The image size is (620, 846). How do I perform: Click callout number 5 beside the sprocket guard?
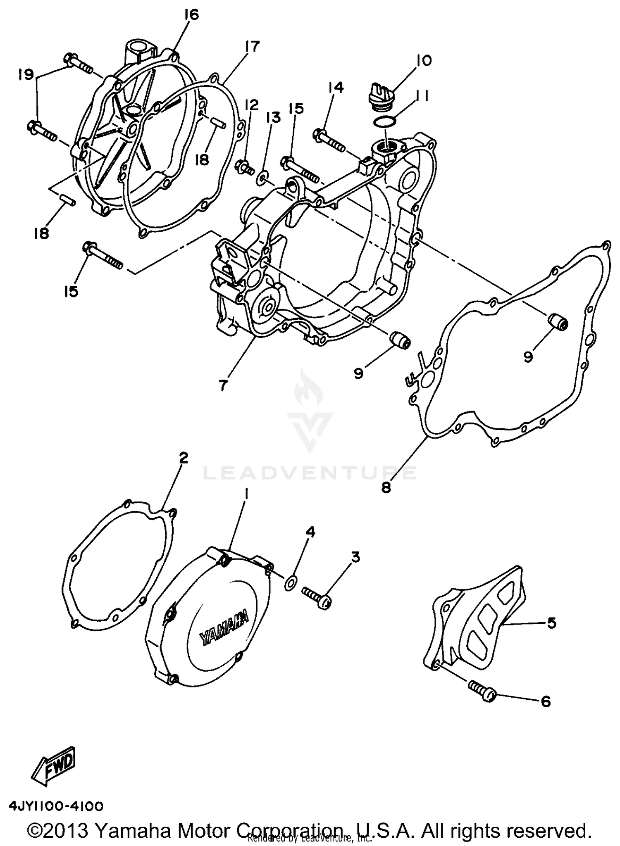point(551,623)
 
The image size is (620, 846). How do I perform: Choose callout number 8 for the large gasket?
point(386,488)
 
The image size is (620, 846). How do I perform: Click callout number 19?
point(26,75)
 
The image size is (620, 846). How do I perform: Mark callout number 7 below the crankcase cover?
point(222,385)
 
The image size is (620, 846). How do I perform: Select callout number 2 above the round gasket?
point(184,458)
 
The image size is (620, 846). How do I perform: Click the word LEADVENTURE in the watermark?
point(310,473)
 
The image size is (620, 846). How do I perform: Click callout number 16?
point(192,15)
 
